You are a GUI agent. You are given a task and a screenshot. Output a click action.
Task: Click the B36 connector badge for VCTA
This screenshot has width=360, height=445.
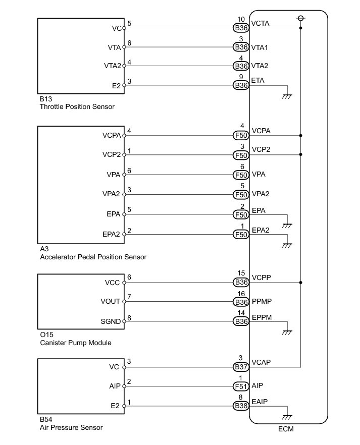pyautogui.click(x=241, y=28)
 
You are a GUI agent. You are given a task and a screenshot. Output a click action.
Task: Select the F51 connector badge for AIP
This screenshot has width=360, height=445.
pyautogui.click(x=241, y=386)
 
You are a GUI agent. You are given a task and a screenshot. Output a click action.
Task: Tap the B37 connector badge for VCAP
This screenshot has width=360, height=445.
pyautogui.click(x=241, y=367)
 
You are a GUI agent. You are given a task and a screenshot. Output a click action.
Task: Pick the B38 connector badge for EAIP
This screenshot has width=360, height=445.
pyautogui.click(x=241, y=406)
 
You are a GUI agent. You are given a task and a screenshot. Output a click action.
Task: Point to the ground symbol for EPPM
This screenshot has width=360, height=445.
pyautogui.click(x=288, y=332)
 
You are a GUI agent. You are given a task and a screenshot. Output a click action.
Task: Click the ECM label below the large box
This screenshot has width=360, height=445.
pyautogui.click(x=285, y=429)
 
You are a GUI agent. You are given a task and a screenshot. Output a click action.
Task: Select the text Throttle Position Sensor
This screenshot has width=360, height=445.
pyautogui.click(x=77, y=107)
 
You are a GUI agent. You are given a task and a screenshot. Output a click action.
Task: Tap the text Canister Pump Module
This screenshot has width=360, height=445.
pyautogui.click(x=75, y=343)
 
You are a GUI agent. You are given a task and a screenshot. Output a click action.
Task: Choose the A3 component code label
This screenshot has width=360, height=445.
pyautogui.click(x=43, y=249)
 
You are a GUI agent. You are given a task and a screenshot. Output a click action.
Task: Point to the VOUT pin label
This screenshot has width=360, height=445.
pyautogui.click(x=111, y=302)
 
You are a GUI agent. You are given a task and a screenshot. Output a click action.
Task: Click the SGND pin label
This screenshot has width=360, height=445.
pyautogui.click(x=111, y=321)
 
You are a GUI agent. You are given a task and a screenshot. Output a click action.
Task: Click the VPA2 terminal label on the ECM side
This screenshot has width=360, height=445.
pyautogui.click(x=261, y=194)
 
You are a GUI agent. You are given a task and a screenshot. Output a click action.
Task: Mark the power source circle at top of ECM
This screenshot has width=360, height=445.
pyautogui.click(x=301, y=18)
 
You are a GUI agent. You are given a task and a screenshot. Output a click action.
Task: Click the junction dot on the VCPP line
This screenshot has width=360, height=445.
pyautogui.click(x=301, y=283)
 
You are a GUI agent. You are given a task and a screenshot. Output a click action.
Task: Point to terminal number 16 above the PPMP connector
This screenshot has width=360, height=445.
pyautogui.click(x=241, y=293)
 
